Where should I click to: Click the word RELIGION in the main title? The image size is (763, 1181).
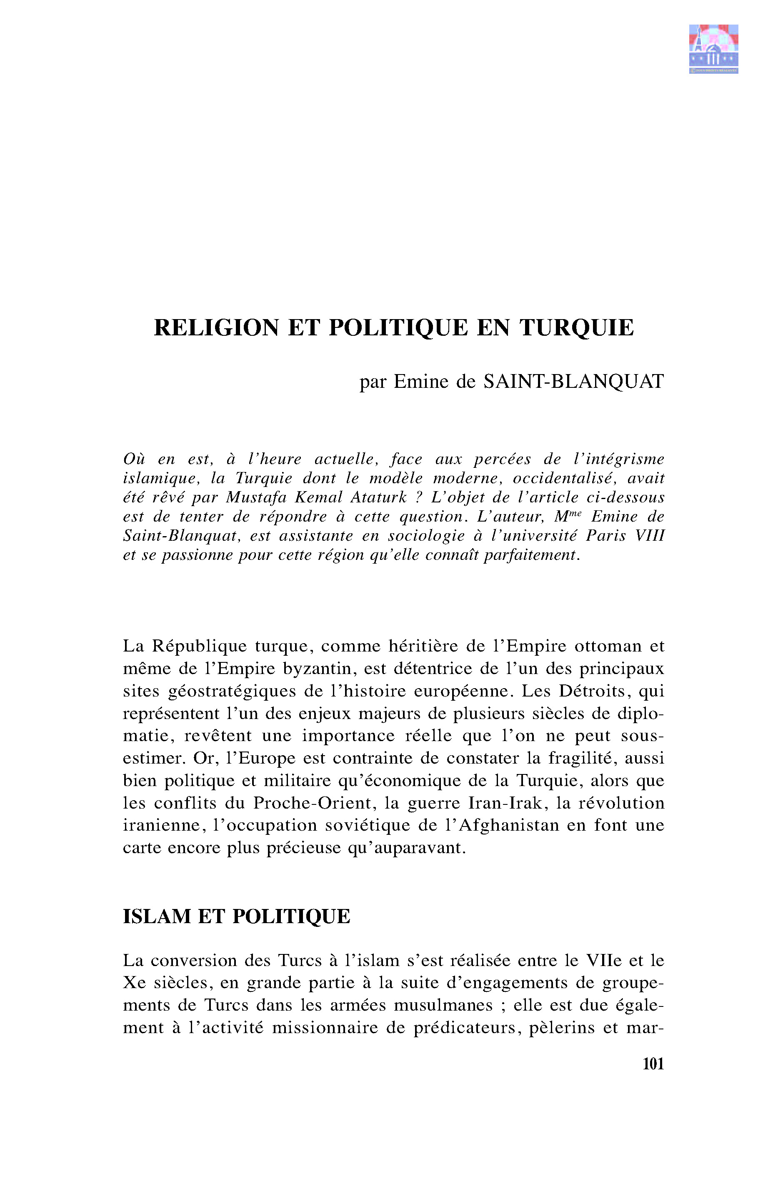(217, 328)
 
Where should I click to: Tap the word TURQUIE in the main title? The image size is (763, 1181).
(577, 328)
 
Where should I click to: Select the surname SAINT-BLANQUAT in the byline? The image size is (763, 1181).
(573, 381)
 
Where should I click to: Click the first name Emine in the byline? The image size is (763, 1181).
(420, 381)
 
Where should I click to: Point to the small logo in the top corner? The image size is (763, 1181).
(713, 48)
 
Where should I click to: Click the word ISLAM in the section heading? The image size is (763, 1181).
(157, 917)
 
